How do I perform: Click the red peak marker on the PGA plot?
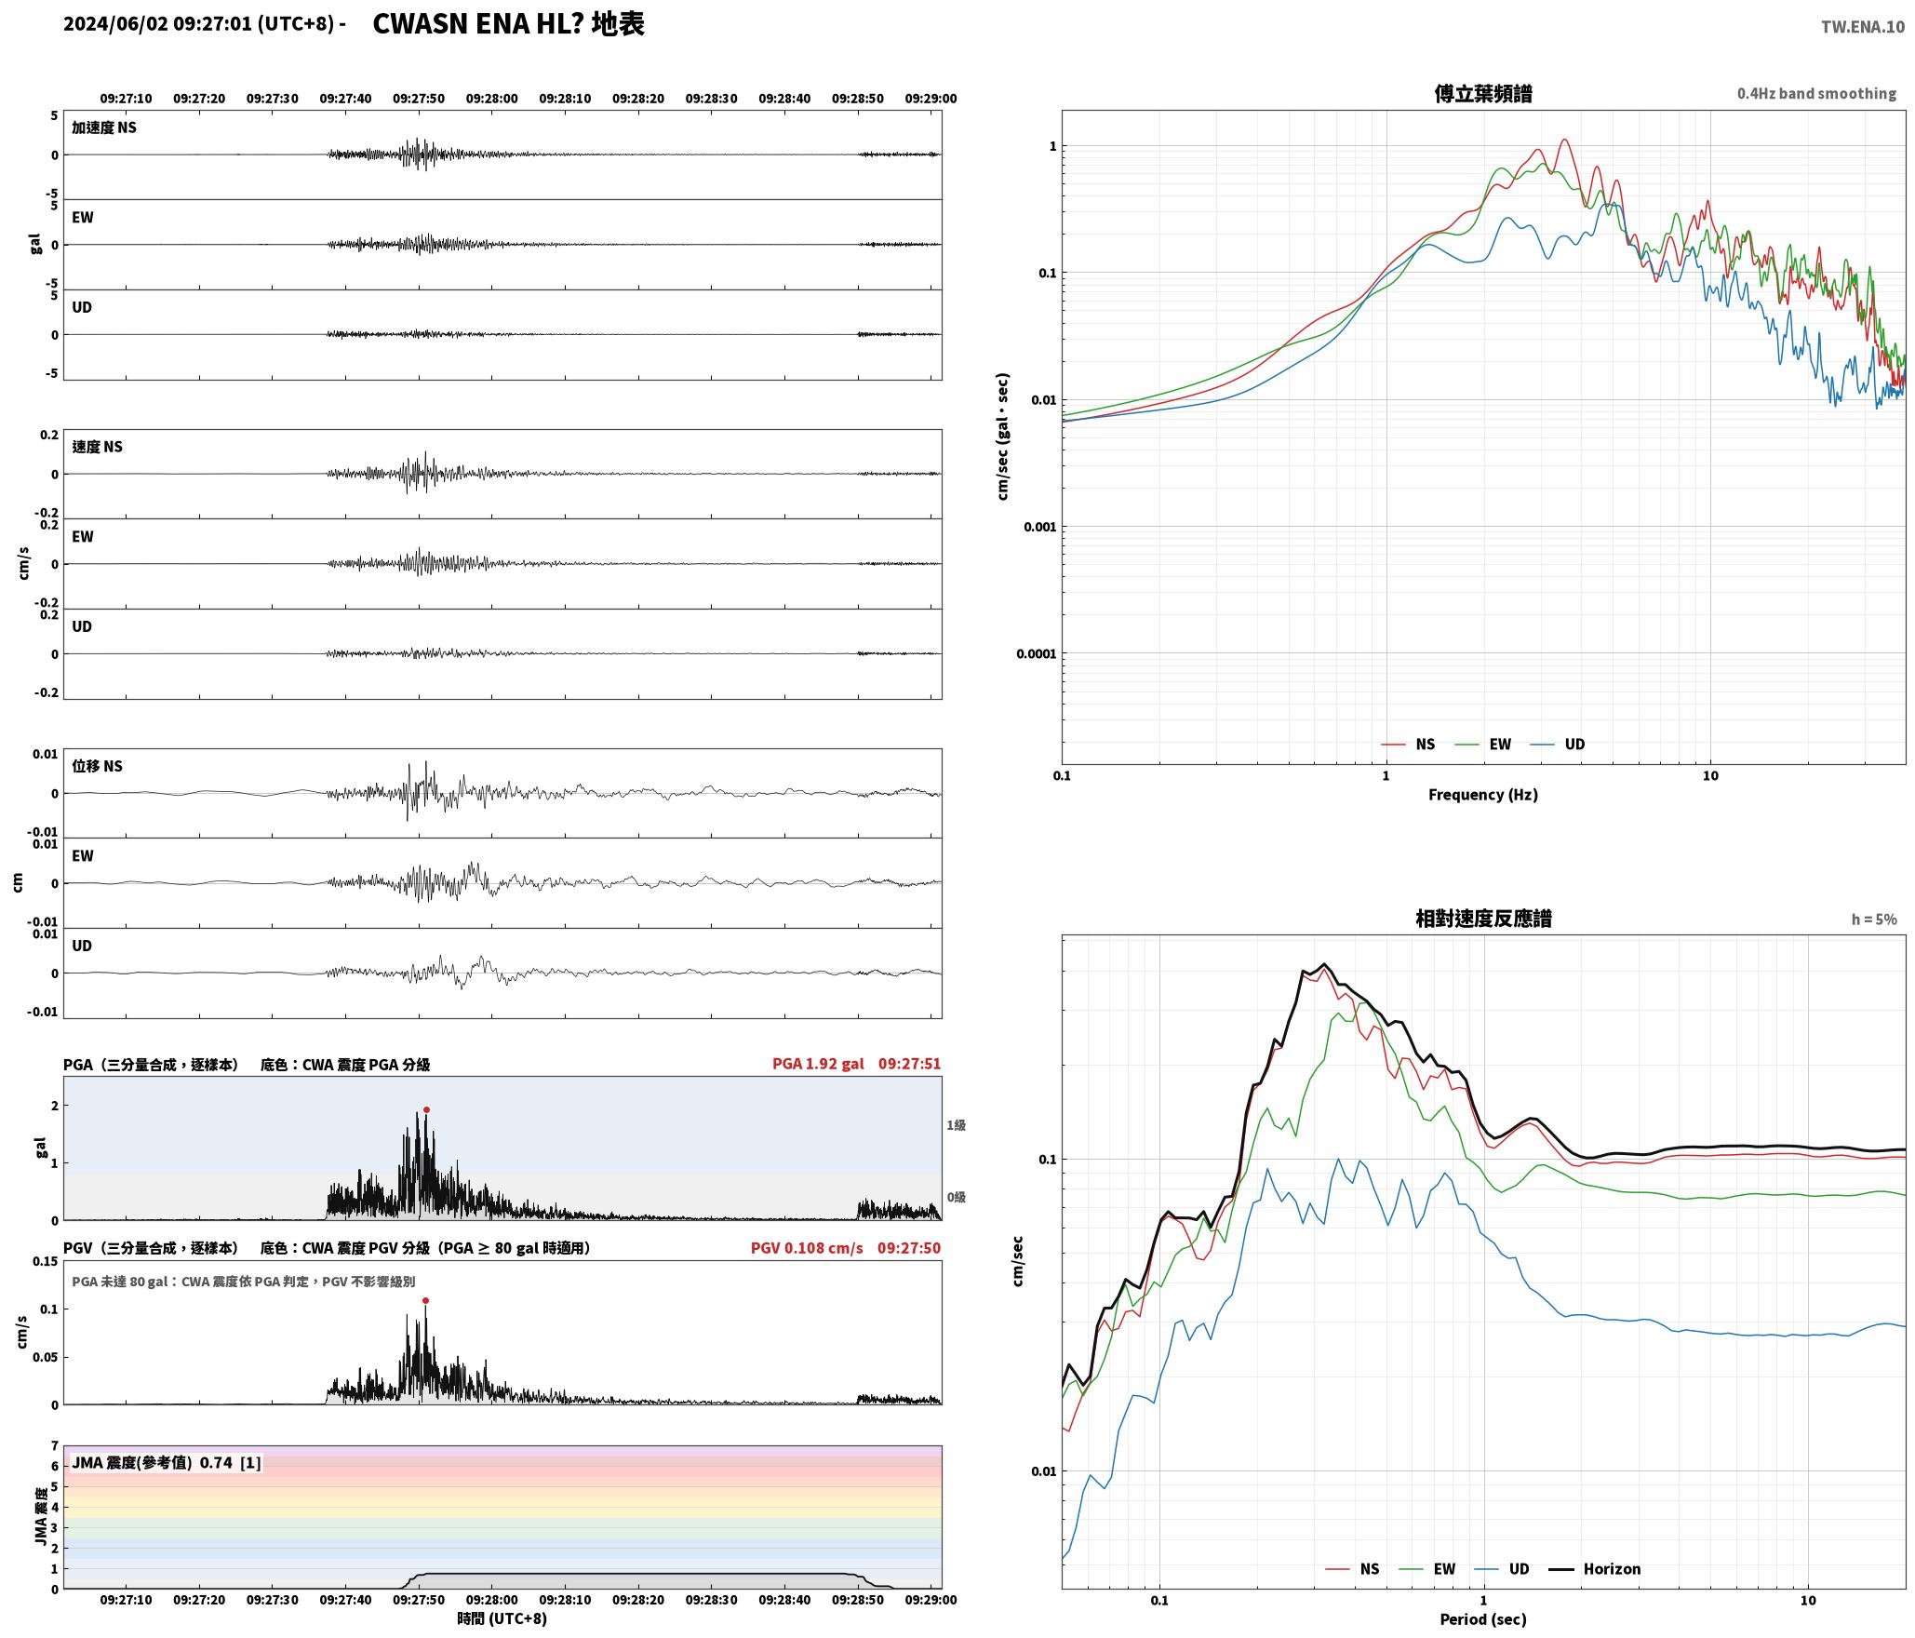tap(426, 1109)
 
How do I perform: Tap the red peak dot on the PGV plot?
tap(425, 1300)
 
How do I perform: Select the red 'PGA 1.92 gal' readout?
tap(818, 1063)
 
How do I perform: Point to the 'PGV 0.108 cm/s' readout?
tap(807, 1247)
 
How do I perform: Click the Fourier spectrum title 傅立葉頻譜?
tap(1483, 93)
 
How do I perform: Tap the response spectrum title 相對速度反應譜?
tap(1483, 918)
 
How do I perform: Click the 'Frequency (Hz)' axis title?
tap(1483, 794)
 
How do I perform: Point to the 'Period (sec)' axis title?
tap(1483, 1618)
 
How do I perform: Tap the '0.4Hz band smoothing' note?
tap(1816, 93)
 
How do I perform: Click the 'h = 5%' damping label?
tap(1874, 919)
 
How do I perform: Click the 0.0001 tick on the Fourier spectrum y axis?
tap(1036, 653)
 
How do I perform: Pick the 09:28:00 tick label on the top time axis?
tap(491, 98)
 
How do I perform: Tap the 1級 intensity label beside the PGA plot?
tap(957, 1124)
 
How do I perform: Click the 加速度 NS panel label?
tap(104, 128)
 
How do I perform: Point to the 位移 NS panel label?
tap(98, 766)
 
